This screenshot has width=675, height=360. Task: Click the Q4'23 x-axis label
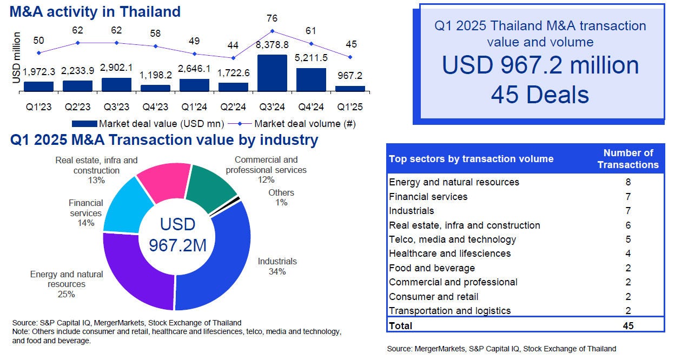(x=155, y=106)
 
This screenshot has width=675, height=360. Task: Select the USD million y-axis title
(x=16, y=58)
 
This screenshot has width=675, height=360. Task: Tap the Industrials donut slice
(x=227, y=265)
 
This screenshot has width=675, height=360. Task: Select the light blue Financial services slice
(x=123, y=208)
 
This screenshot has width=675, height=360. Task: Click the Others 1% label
(x=281, y=197)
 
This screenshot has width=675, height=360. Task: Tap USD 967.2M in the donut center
(x=177, y=235)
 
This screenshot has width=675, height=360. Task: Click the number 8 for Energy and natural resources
(x=627, y=182)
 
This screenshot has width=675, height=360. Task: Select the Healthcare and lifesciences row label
(x=449, y=254)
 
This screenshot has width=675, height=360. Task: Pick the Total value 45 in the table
(x=627, y=325)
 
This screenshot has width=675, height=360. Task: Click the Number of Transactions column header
(x=627, y=159)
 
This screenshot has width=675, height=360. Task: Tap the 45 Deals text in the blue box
(x=539, y=95)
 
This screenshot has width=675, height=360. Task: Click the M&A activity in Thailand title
(x=95, y=11)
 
